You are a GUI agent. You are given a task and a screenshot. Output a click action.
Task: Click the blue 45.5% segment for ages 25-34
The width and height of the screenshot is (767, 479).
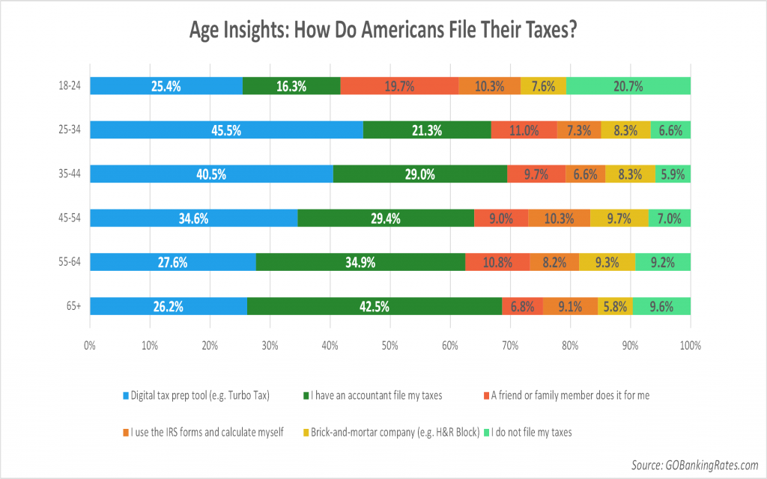click(x=226, y=130)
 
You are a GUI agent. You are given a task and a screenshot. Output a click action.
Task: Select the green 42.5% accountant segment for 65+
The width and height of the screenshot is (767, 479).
click(x=374, y=306)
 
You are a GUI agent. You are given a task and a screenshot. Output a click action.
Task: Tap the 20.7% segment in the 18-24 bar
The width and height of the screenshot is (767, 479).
click(x=628, y=86)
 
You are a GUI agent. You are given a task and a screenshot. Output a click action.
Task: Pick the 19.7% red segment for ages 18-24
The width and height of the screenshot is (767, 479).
click(x=399, y=86)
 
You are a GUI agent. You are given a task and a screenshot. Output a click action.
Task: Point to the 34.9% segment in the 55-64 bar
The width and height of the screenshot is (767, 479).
click(x=360, y=262)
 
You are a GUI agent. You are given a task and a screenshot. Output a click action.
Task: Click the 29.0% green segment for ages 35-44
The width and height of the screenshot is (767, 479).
click(x=420, y=174)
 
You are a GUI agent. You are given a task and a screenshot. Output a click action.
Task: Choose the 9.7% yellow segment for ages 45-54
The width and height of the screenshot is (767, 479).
click(x=619, y=219)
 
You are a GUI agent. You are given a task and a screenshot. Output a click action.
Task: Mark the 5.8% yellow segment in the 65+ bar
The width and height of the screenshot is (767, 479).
click(x=615, y=306)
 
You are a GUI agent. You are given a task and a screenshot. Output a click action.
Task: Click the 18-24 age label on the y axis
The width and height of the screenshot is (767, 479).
click(x=70, y=87)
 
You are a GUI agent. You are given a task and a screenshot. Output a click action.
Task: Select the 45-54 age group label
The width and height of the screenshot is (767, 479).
click(x=70, y=219)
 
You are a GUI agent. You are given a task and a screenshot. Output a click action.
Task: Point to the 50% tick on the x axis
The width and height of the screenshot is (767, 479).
click(x=390, y=346)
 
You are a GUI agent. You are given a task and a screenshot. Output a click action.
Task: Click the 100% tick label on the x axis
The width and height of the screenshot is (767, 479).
click(x=690, y=346)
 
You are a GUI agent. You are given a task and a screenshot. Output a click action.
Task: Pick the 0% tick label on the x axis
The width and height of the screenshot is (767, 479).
click(x=90, y=346)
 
